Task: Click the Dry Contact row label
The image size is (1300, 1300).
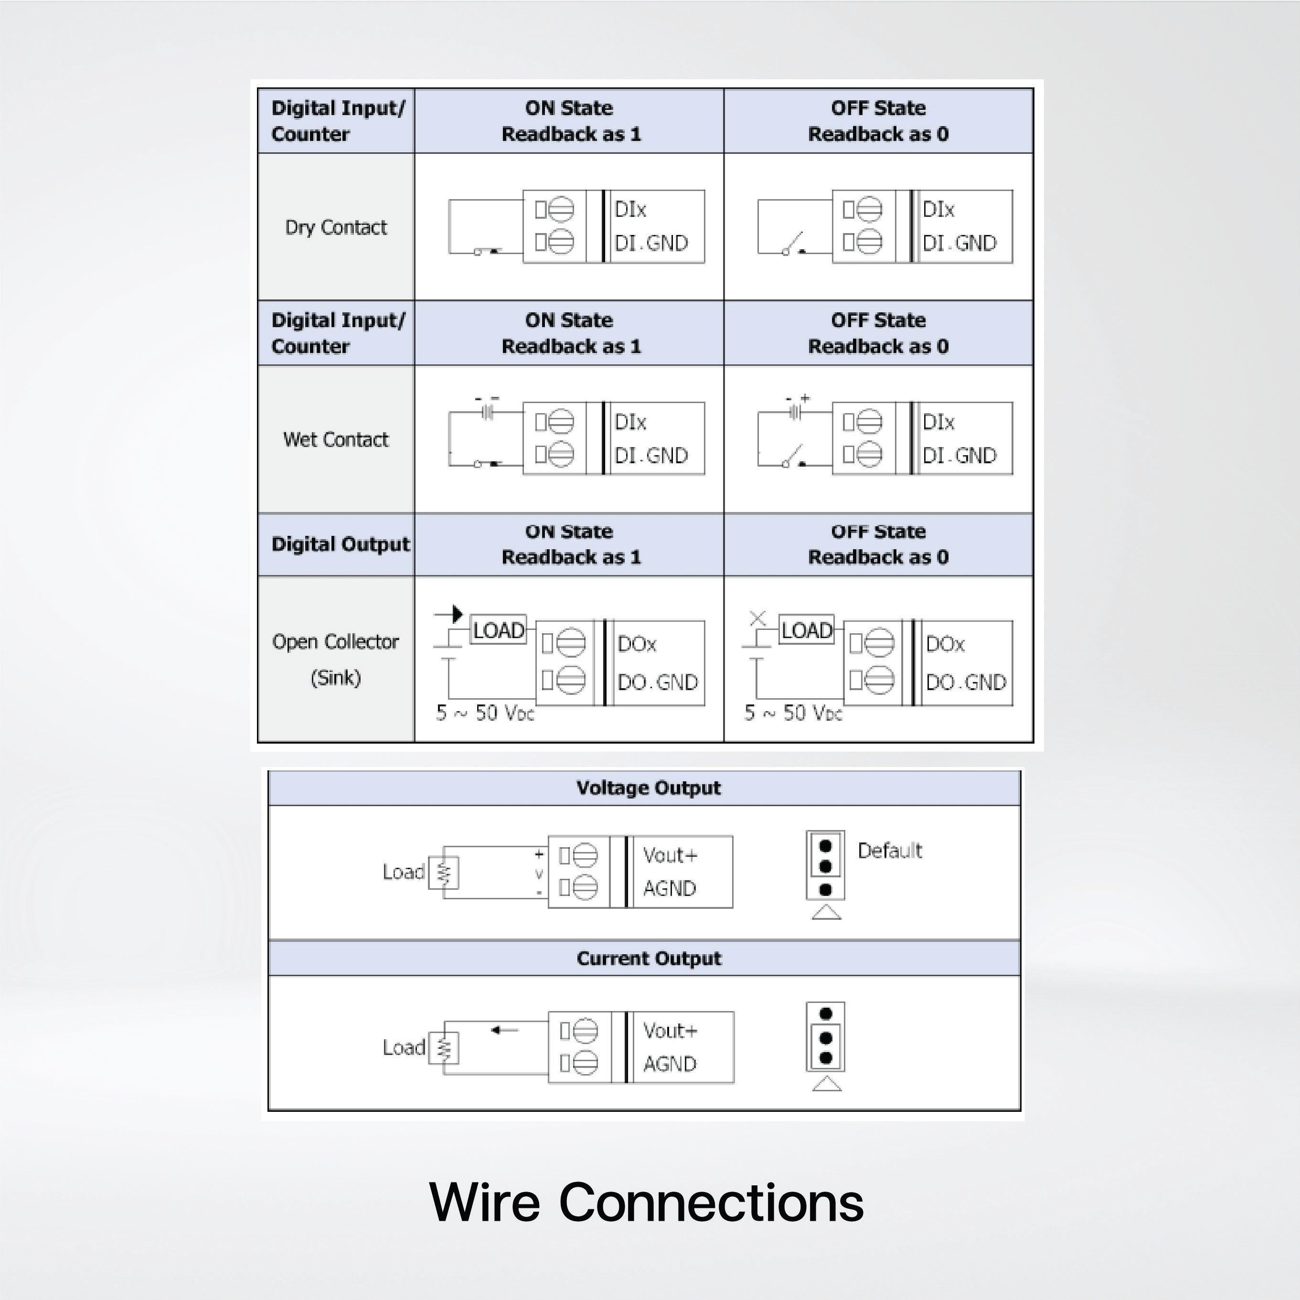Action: [336, 227]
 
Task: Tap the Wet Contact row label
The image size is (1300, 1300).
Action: [336, 439]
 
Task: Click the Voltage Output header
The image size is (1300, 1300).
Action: [648, 788]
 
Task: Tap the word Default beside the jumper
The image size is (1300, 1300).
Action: [889, 851]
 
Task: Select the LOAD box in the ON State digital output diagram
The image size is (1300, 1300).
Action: [498, 630]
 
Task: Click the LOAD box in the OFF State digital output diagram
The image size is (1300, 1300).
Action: [807, 630]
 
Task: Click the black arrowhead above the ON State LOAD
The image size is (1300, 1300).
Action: [457, 614]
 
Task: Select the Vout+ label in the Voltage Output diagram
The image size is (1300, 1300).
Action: [670, 855]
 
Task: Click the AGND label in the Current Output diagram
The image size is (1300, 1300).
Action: [670, 1064]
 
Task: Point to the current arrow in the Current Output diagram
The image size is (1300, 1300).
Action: [505, 1030]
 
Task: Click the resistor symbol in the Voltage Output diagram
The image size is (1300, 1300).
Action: [443, 873]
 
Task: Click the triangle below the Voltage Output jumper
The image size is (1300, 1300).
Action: [826, 912]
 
